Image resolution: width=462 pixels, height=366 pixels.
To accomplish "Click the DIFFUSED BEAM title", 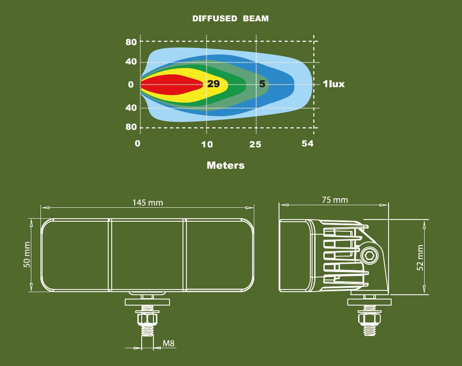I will [x=230, y=19].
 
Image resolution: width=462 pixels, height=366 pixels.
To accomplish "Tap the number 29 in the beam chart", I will [x=213, y=84].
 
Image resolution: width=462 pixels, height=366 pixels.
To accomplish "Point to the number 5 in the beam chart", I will [x=262, y=84].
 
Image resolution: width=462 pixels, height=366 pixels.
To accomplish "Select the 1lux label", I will [x=334, y=84].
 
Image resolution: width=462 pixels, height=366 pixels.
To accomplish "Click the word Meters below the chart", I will [x=226, y=165].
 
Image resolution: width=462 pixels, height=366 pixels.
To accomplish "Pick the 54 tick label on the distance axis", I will [x=307, y=143].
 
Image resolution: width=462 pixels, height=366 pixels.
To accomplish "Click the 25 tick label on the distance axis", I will [x=256, y=144].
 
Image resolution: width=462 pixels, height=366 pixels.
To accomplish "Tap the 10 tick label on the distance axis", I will [x=207, y=144].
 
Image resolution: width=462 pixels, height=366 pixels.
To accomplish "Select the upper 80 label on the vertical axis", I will [x=131, y=42].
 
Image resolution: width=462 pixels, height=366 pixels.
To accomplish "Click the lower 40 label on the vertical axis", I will [x=131, y=107].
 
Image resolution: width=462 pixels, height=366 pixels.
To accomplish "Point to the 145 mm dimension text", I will [x=148, y=203].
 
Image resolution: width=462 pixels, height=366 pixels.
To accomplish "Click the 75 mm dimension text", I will [x=335, y=200].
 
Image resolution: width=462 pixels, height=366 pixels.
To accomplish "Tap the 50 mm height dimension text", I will [x=27, y=255].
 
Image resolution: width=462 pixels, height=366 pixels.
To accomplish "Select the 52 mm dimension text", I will [x=420, y=258].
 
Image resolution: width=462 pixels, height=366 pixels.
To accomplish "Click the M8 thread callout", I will [x=169, y=344].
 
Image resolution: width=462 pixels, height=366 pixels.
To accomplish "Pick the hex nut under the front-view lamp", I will [x=147, y=319].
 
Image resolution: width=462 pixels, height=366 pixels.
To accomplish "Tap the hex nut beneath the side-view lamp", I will [x=369, y=319].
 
